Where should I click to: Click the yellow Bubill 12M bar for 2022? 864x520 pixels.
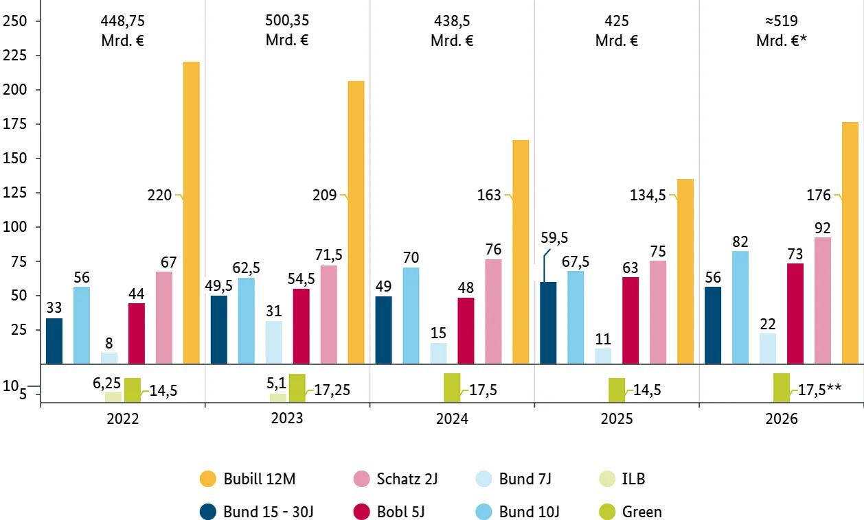191,213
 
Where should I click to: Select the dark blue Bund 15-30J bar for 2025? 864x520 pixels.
548,322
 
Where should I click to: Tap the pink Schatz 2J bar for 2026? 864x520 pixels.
823,300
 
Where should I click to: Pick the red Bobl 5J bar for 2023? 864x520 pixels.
301,326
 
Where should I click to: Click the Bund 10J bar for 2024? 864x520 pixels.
411,316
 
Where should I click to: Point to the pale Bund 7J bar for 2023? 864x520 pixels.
273,342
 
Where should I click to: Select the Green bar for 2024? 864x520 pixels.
452,388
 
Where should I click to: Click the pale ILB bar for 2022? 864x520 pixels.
113,397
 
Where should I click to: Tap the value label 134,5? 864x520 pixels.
648,196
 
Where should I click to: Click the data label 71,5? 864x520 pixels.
328,255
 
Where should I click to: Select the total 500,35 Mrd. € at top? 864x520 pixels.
287,30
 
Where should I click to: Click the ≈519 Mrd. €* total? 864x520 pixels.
782,30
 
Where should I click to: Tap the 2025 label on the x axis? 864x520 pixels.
617,419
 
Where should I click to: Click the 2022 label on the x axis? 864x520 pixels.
122,419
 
